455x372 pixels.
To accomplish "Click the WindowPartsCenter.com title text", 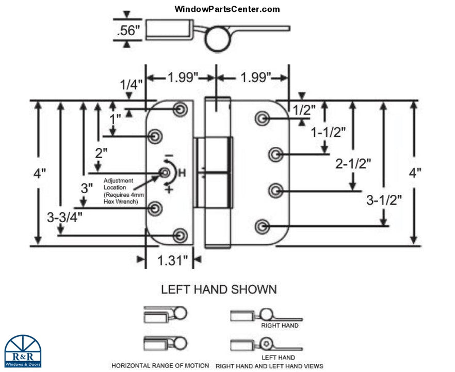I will pos(227,9).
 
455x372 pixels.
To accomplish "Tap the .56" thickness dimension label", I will pos(128,30).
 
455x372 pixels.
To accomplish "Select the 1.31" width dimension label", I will pos(172,261).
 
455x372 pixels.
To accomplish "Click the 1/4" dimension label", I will pos(129,85).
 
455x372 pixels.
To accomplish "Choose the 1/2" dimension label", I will pos(304,109).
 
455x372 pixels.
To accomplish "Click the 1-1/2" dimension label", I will pos(328,132).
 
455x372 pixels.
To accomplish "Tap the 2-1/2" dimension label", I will pos(353,164).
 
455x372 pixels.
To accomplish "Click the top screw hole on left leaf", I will pos(181,109).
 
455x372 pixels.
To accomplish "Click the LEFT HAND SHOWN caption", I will pos(219,289).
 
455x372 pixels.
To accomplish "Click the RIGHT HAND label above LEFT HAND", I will pos(280,326).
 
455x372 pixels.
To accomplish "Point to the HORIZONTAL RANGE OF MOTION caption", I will pos(160,365).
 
